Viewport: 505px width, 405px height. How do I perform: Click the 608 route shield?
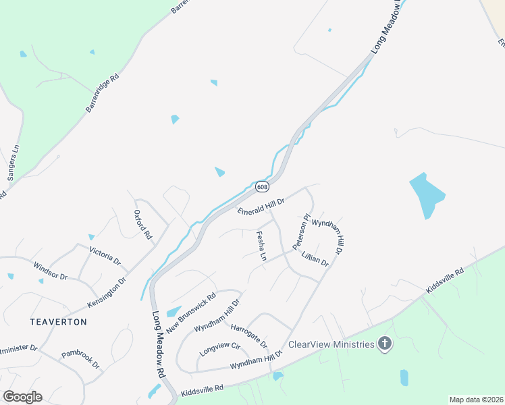click(x=262, y=186)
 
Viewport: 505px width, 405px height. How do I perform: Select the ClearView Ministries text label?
click(x=331, y=345)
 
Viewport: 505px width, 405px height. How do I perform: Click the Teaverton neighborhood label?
click(x=58, y=322)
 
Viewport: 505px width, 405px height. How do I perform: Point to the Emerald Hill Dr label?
click(x=262, y=206)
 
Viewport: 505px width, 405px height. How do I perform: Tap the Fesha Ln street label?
click(x=261, y=246)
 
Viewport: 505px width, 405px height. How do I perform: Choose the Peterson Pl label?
click(x=300, y=232)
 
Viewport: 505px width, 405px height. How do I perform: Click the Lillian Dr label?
click(x=315, y=258)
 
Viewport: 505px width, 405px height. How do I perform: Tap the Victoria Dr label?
click(x=105, y=255)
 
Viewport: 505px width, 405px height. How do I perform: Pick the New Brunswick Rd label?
click(x=191, y=310)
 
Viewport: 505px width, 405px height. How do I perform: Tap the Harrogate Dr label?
click(x=249, y=336)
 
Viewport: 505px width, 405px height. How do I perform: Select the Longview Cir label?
click(x=220, y=349)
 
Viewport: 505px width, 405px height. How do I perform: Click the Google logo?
click(x=22, y=397)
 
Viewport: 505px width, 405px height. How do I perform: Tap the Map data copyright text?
click(x=475, y=400)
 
